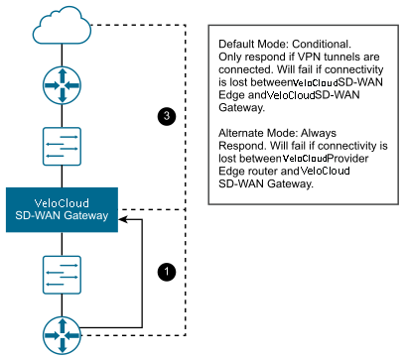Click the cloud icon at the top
point(62,27)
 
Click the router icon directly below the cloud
point(62,85)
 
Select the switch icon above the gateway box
point(62,147)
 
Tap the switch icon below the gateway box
point(62,275)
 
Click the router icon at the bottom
point(62,335)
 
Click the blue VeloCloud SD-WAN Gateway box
point(62,210)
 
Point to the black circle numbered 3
point(167,116)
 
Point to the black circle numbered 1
point(167,272)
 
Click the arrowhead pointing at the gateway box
point(123,219)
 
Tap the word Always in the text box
point(319,133)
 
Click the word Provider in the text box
point(347,159)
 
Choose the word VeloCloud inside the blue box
point(62,203)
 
